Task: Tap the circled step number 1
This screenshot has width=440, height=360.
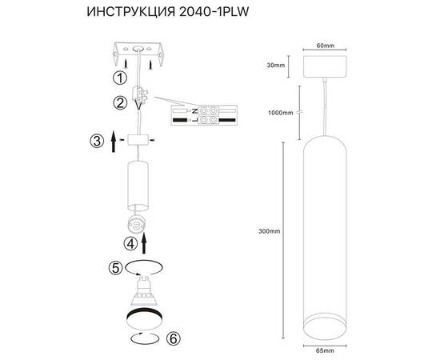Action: click(x=119, y=78)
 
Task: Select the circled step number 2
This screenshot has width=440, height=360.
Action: click(x=119, y=102)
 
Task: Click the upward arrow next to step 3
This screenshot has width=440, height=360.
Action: click(x=114, y=142)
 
